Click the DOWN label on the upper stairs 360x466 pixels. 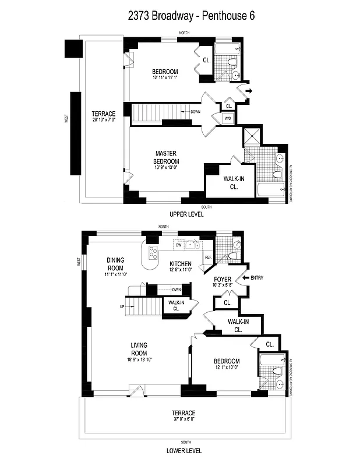click(x=195, y=111)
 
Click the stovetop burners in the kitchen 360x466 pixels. click(x=154, y=252)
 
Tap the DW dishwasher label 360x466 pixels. click(x=178, y=245)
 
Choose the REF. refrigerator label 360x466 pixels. click(x=207, y=257)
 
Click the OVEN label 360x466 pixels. click(x=177, y=290)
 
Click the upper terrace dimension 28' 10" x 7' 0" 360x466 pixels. click(x=103, y=121)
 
